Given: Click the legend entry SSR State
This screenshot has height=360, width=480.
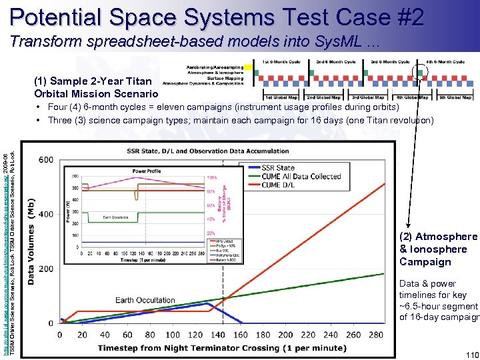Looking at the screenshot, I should (278, 167).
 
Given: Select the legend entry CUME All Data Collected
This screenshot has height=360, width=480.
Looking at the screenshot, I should (301, 176).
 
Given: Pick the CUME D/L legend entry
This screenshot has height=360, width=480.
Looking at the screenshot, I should (281, 185).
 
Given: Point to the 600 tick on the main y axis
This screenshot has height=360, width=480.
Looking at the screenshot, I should (45, 160).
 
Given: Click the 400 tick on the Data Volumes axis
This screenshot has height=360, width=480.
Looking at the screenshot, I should (45, 214).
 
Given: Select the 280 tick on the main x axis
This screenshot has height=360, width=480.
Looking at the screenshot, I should (375, 335).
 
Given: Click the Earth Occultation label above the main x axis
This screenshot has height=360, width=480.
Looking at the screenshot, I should (145, 300).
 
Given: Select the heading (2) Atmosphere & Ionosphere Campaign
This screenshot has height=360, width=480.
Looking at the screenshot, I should (438, 249).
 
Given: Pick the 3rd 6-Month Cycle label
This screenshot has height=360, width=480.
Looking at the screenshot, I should (389, 61).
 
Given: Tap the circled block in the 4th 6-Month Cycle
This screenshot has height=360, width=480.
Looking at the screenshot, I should (421, 71).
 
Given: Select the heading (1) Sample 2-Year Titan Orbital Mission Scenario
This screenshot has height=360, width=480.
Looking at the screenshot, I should (96, 87).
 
